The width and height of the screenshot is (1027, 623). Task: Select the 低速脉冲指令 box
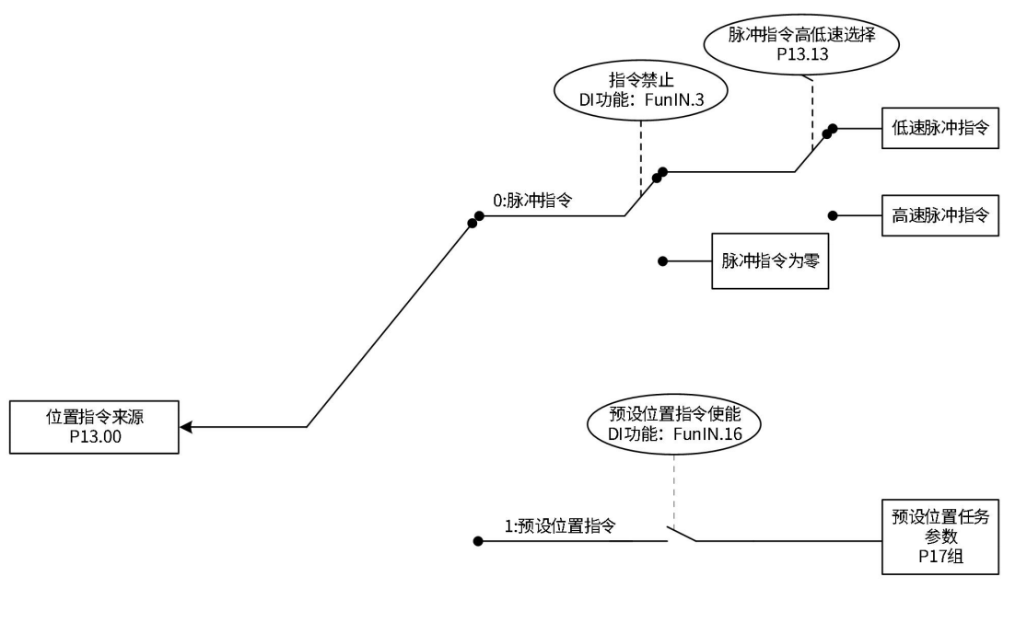tap(939, 129)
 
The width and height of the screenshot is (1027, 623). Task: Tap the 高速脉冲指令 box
tap(939, 215)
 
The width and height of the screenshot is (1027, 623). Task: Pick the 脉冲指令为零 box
tap(770, 261)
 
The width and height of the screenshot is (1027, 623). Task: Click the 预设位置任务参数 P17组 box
tap(939, 536)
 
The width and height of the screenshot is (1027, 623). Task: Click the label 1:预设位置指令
tap(560, 527)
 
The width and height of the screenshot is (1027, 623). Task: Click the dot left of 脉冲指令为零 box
tap(662, 261)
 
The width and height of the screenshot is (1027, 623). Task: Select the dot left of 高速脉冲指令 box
tap(832, 215)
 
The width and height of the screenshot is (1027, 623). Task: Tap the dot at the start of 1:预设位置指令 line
tap(477, 541)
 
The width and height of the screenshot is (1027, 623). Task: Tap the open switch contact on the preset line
tap(682, 535)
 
